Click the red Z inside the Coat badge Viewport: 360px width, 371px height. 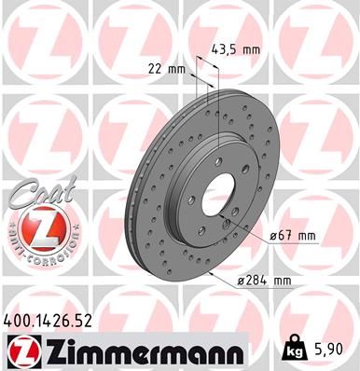coord(34,227)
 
